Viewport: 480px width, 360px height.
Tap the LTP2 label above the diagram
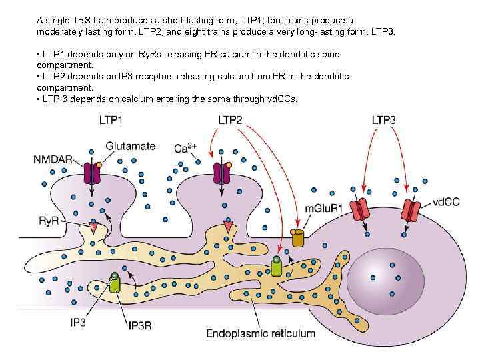[x=230, y=120]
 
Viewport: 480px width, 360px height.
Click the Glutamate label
[x=130, y=145]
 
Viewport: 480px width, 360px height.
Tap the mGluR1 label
[x=323, y=208]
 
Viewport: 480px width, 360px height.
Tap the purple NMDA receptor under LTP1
[x=92, y=173]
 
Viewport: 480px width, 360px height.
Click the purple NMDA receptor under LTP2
[x=221, y=173]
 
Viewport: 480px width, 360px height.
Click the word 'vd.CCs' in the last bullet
[x=281, y=99]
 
